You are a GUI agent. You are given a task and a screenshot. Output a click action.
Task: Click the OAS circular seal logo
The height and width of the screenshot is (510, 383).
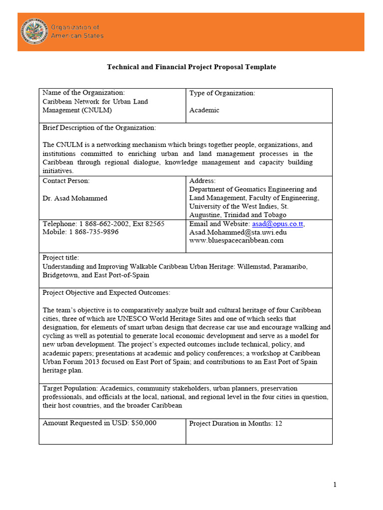(34, 31)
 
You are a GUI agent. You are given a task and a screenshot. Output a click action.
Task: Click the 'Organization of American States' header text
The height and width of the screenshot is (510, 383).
(77, 31)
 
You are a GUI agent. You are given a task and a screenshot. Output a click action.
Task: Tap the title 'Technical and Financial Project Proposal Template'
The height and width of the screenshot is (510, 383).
(191, 67)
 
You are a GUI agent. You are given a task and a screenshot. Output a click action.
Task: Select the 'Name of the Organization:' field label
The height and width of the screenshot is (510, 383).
(83, 93)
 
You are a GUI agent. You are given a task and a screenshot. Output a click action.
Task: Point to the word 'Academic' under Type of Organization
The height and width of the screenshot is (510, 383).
(204, 110)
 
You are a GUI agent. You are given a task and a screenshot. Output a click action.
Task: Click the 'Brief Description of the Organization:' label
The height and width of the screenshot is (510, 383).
(99, 128)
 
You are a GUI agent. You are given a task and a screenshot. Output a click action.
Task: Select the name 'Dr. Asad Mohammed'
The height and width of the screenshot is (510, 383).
(75, 198)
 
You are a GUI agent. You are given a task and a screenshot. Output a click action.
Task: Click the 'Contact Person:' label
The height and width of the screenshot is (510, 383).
(66, 181)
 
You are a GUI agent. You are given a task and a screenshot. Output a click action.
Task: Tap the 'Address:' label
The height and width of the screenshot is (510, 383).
(202, 181)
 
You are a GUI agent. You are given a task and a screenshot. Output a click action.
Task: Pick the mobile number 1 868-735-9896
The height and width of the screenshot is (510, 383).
(93, 232)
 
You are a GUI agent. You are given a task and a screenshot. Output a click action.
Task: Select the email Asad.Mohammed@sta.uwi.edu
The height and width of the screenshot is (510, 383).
(238, 232)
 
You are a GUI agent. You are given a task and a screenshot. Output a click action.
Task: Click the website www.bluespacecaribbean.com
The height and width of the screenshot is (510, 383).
(236, 241)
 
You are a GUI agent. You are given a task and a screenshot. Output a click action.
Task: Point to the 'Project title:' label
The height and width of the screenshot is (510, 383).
(61, 257)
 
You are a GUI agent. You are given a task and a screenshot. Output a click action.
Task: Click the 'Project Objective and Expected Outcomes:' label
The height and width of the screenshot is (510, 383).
(106, 292)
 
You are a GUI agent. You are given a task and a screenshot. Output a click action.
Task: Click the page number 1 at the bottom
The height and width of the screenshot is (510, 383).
(335, 485)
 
